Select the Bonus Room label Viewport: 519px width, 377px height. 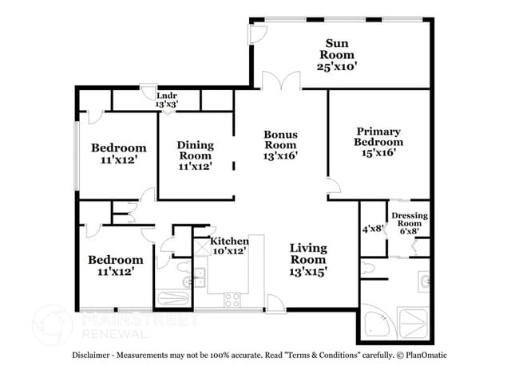pyautogui.click(x=280, y=145)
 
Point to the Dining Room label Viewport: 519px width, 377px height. pyautogui.click(x=195, y=155)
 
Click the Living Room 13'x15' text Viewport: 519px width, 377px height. pyautogui.click(x=307, y=260)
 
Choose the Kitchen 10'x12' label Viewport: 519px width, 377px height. pyautogui.click(x=228, y=245)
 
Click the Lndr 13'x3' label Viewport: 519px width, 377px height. pyautogui.click(x=166, y=100)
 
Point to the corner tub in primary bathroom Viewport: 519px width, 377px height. pyautogui.click(x=374, y=322)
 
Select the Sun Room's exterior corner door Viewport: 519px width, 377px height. pyautogui.click(x=256, y=33)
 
